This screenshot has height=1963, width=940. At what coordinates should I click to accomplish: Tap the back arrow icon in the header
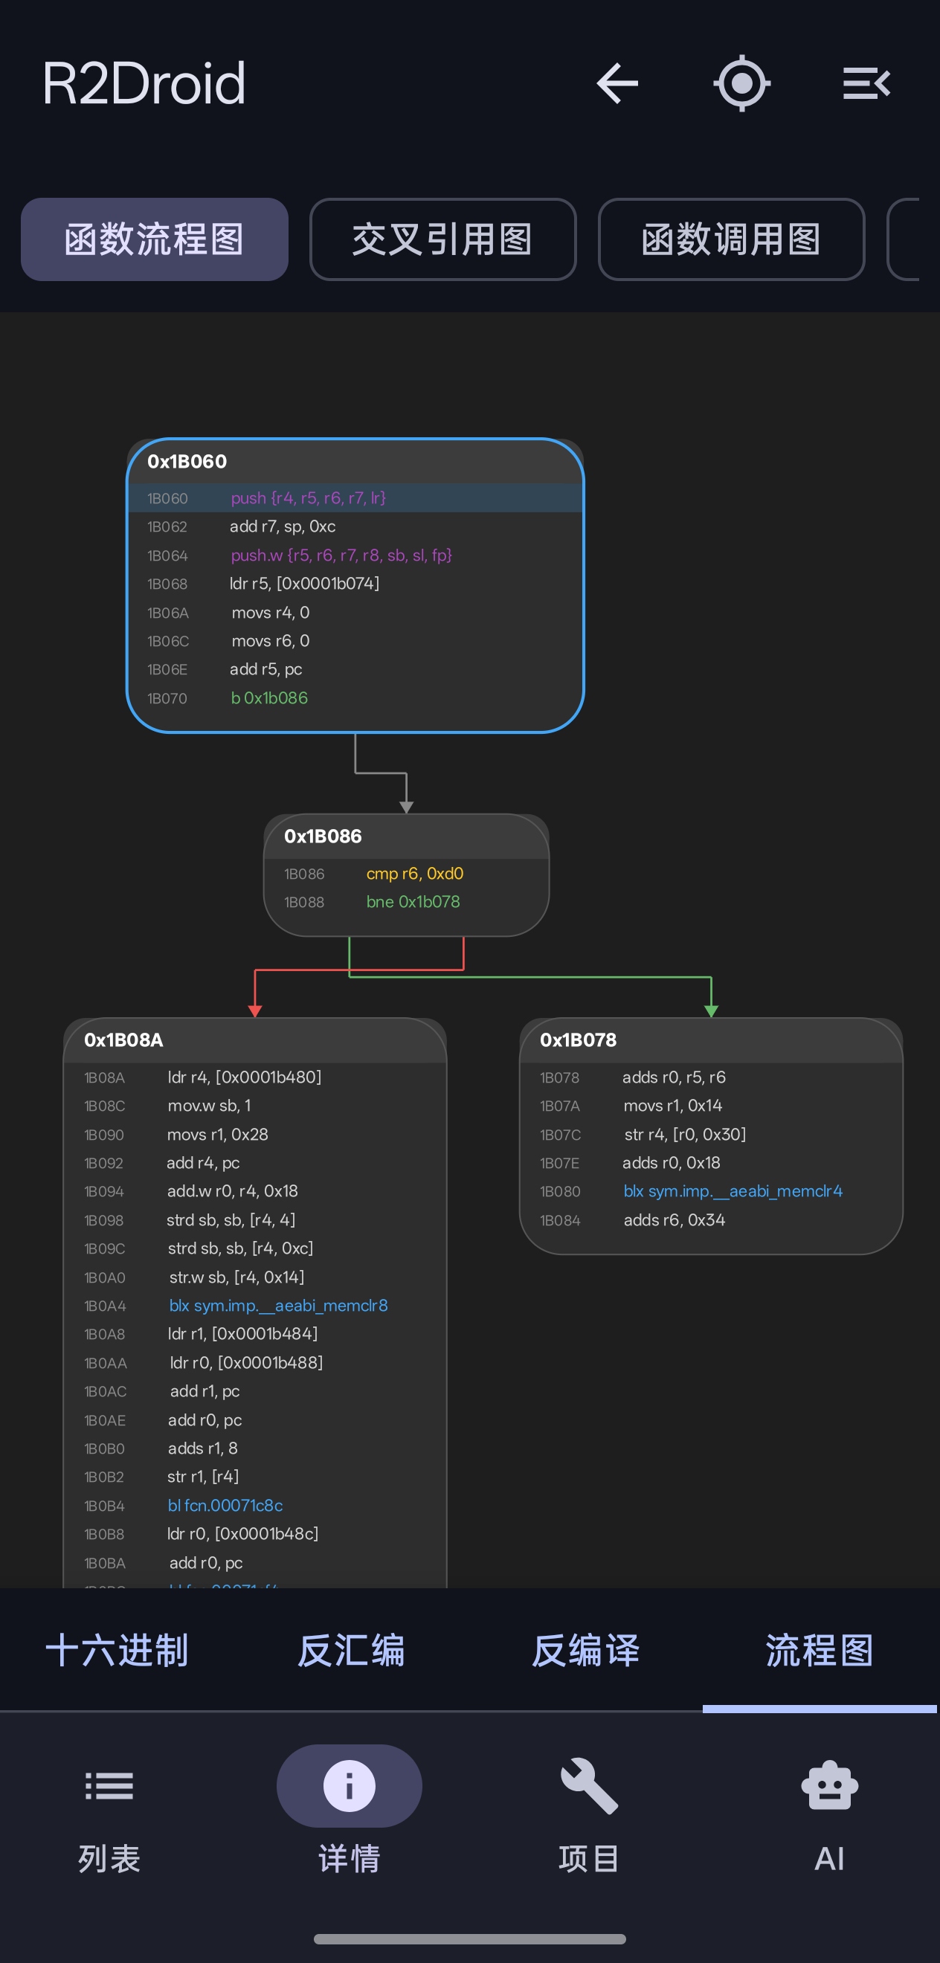point(617,83)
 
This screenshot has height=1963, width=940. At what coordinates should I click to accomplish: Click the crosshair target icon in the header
point(741,83)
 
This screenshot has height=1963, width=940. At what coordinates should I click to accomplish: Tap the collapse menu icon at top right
point(867,83)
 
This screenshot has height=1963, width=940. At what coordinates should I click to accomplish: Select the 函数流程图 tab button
point(154,239)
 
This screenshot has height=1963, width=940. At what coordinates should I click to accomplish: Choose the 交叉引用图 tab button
point(442,239)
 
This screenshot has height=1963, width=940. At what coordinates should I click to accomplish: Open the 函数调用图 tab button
point(731,239)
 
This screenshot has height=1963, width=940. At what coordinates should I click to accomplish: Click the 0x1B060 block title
point(187,462)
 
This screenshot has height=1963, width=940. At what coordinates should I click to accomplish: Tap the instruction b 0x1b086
point(269,698)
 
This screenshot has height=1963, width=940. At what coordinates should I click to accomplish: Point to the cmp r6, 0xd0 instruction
point(414,873)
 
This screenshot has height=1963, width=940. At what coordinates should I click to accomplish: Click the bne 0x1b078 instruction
point(413,901)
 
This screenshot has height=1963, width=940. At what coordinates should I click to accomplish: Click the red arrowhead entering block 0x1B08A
point(254,1010)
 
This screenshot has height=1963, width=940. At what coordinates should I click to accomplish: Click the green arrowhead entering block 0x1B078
point(710,1010)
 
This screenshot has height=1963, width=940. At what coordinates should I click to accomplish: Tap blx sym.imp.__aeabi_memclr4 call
point(733,1191)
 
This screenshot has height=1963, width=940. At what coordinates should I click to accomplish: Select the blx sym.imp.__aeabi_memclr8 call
point(278,1306)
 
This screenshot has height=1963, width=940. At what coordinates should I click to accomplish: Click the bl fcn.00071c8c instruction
point(225,1505)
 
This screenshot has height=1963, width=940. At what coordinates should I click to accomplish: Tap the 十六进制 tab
point(117,1651)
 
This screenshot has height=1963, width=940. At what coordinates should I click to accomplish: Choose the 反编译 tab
point(585,1651)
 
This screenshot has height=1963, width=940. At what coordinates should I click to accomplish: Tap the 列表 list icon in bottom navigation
point(109,1786)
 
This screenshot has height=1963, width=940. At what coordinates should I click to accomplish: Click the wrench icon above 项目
point(588,1786)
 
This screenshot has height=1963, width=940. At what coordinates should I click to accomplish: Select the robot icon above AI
point(829,1786)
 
